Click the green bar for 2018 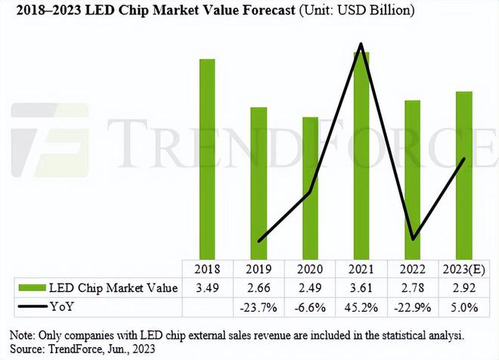coord(207,158)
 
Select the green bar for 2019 coord(259,182)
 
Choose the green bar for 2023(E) coord(463,175)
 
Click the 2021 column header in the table coord(361,268)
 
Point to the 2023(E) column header coord(463,268)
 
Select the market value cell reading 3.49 coord(207,287)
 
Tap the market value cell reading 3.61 coord(361,287)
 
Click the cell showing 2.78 coord(412,287)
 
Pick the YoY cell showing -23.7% coord(259,307)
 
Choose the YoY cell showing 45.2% coord(361,307)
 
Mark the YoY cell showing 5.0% coord(463,307)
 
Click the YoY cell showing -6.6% coord(310,307)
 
